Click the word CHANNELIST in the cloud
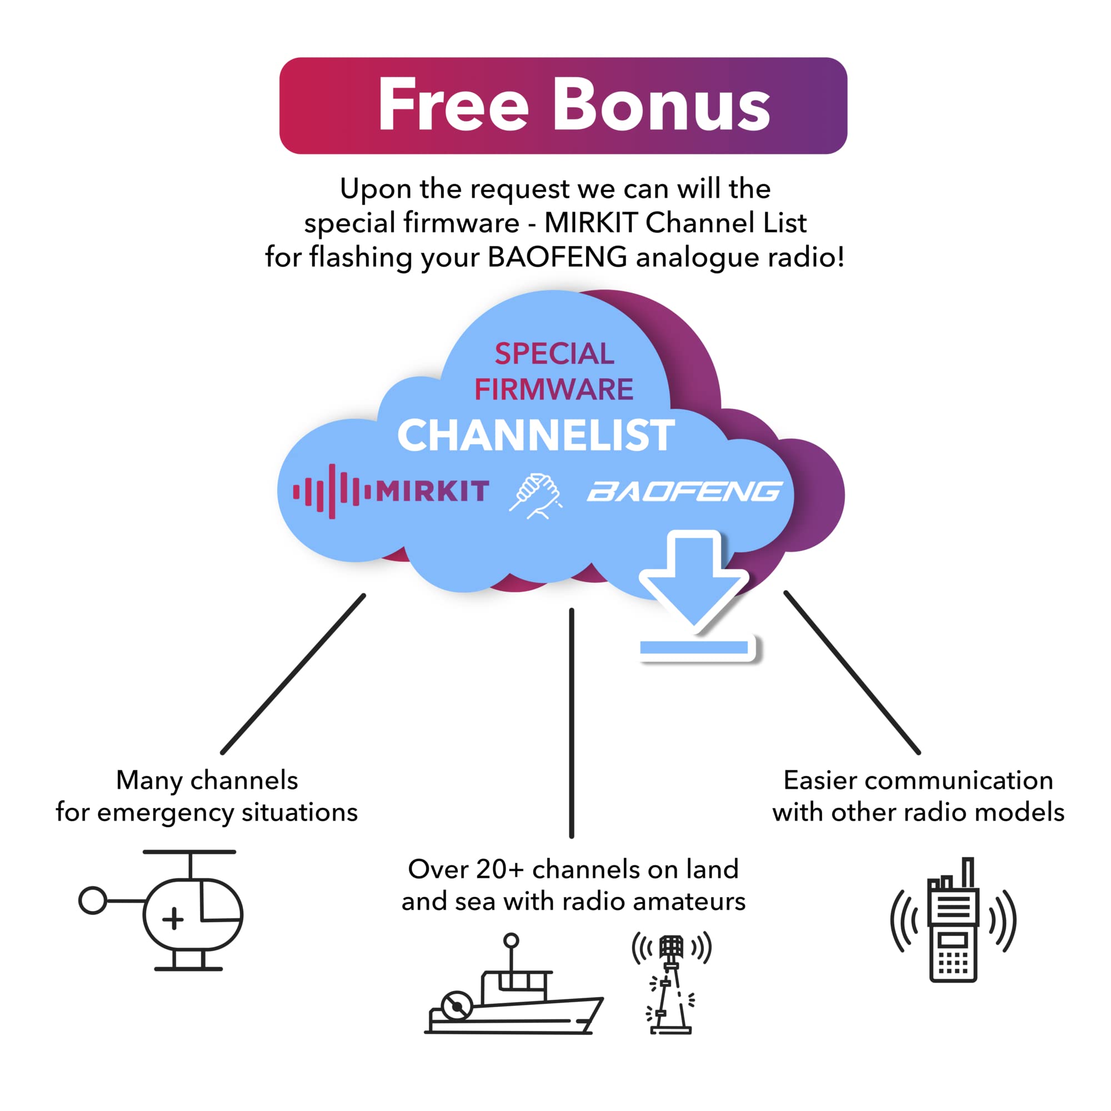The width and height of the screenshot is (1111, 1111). (536, 436)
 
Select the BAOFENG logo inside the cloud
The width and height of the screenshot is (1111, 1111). (684, 492)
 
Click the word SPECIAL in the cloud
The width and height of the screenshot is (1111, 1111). (554, 354)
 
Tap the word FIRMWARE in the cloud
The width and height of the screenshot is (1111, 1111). (554, 389)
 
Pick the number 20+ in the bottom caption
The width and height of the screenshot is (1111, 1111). (500, 869)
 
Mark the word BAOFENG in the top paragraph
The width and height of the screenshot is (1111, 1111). (557, 257)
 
